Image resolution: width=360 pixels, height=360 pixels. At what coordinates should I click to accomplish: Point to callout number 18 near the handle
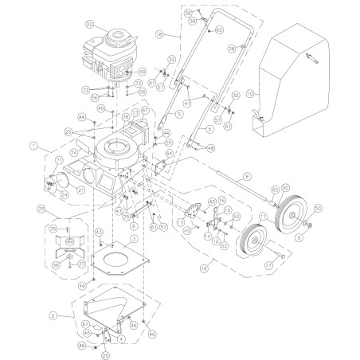159,37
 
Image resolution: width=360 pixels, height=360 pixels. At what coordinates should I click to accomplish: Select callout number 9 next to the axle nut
299,237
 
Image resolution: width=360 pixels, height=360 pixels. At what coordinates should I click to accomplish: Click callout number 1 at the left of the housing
33,146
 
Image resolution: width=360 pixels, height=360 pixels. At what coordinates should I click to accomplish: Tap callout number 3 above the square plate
134,238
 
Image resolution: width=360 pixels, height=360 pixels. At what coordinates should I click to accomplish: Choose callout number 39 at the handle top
188,14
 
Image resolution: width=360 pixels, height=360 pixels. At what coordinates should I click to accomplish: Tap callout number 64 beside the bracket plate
169,153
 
